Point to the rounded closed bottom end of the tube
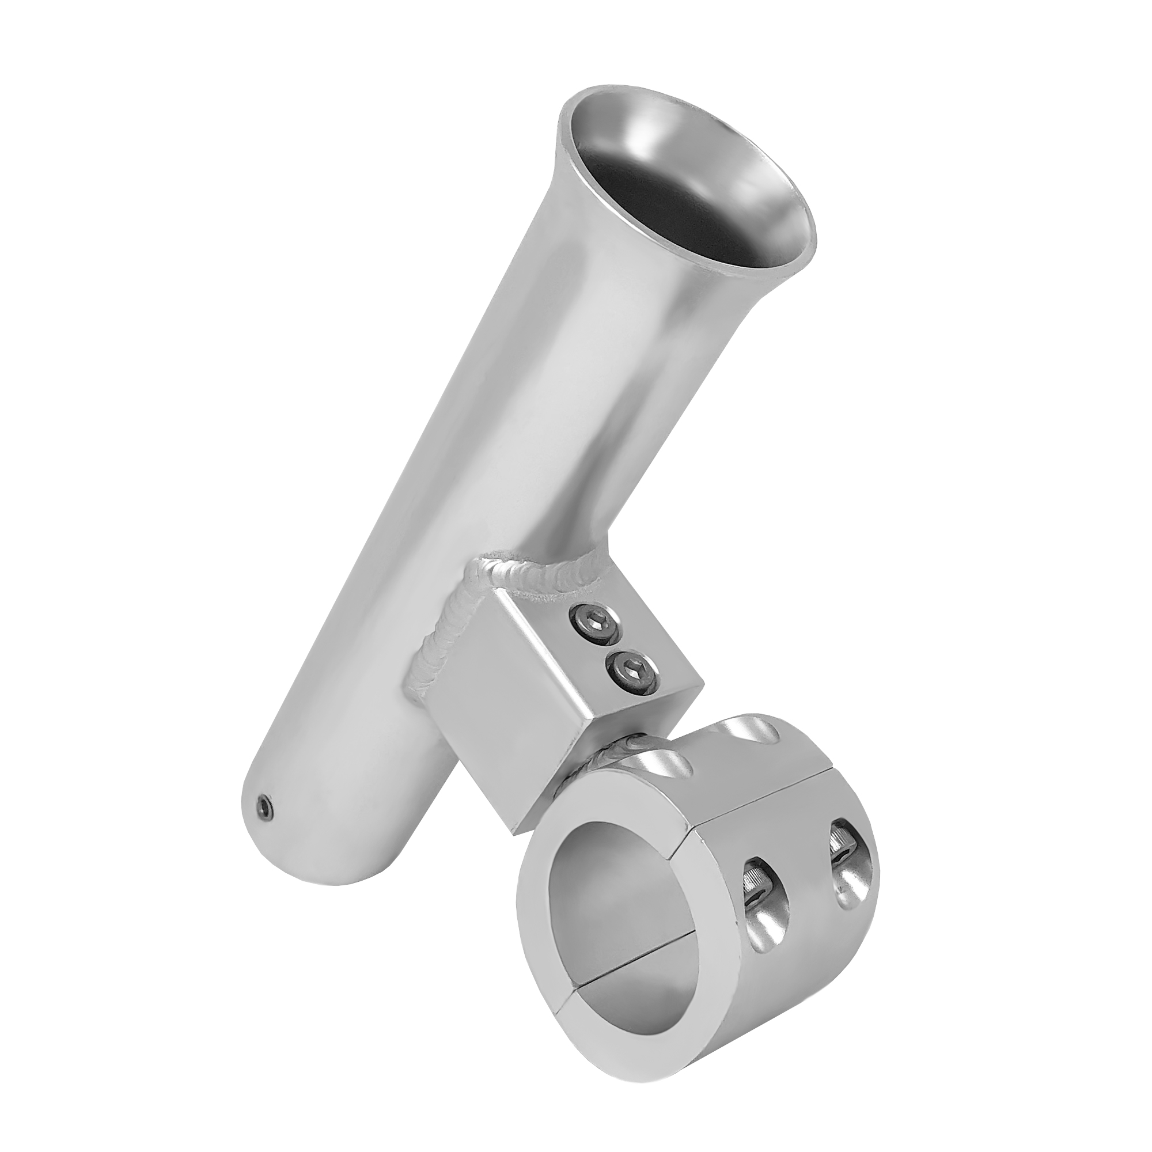point(310,859)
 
